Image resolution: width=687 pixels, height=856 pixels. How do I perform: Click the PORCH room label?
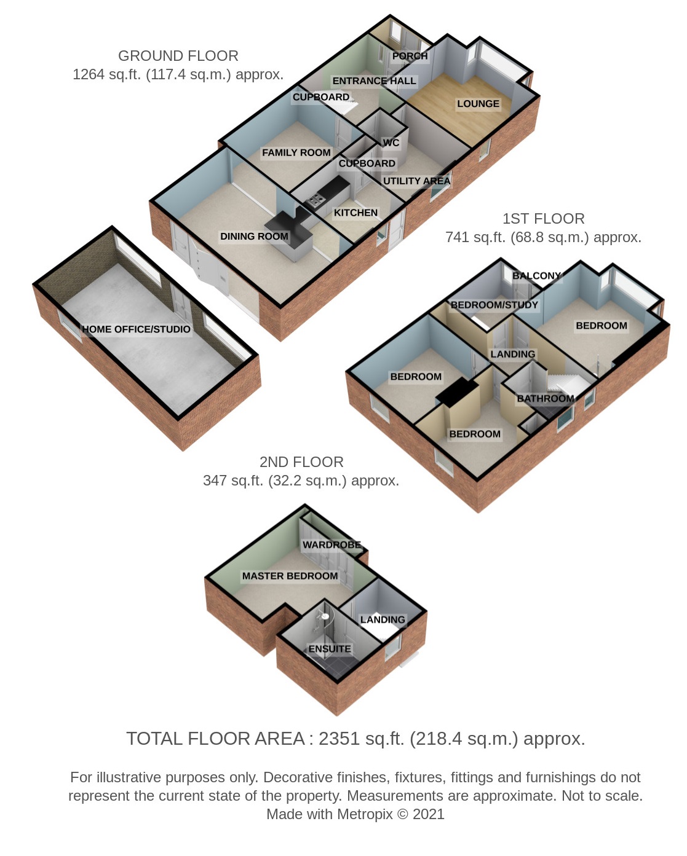point(410,56)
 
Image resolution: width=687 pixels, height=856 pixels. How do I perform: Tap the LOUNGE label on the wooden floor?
point(478,104)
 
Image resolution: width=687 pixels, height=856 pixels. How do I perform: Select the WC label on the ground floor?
point(391,143)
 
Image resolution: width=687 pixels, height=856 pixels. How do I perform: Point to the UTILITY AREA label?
point(416,181)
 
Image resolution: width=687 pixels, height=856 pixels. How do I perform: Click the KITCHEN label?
point(355,213)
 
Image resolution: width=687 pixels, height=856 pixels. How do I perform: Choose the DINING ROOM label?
point(254,236)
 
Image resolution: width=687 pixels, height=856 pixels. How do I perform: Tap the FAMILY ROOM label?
point(296,153)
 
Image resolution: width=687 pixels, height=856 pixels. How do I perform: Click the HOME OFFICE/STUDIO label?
point(136,329)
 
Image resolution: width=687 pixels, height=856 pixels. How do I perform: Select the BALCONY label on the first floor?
point(537,276)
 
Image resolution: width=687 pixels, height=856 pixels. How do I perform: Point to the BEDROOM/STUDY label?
point(494,305)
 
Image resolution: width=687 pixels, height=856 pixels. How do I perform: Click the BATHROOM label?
point(546,399)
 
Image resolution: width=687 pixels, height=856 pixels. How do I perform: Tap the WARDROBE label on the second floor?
point(332,545)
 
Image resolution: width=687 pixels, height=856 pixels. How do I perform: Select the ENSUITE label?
point(330,649)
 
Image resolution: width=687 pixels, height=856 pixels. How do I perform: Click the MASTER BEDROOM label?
point(290,576)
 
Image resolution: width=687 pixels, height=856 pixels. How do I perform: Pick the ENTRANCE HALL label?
point(375,80)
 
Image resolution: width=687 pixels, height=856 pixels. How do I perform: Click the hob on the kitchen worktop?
point(314,200)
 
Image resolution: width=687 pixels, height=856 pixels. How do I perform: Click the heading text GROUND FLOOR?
point(178,56)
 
